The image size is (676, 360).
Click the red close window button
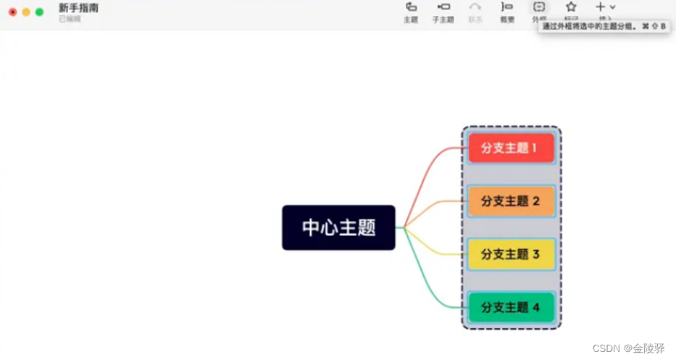12,12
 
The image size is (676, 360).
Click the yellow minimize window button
26,12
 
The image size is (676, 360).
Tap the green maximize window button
39,12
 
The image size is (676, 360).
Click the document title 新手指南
78,8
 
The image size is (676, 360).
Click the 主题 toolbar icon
411,7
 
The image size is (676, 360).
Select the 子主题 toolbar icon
443,7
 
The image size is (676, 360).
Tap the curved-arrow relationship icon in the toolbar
475,7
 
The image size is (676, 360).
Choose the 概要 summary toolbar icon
507,7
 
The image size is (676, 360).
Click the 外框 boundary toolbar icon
539,7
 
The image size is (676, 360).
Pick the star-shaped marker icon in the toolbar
571,7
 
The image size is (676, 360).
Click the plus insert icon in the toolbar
601,7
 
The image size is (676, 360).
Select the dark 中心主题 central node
338,227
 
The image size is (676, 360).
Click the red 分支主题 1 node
511,148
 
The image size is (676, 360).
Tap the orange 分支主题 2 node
511,201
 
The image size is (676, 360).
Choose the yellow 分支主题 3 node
511,254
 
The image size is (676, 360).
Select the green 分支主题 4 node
511,307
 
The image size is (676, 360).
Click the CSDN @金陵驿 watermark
628,348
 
